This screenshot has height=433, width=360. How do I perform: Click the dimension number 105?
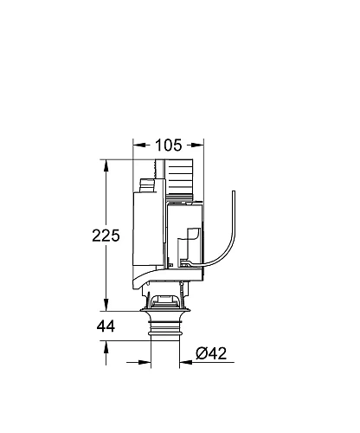(169, 145)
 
